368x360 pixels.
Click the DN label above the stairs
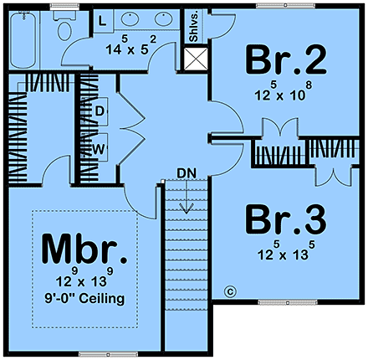186,173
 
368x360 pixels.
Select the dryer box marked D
99,111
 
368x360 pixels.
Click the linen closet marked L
100,19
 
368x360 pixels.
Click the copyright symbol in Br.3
229,291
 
